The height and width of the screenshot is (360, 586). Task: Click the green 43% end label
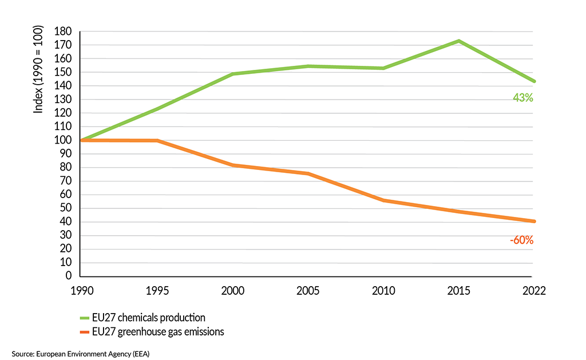522,98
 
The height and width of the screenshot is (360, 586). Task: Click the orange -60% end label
521,240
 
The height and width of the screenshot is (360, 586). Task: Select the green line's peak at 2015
458,41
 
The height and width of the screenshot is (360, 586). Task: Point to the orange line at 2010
383,200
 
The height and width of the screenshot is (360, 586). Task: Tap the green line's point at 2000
232,74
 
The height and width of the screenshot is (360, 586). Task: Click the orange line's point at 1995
157,140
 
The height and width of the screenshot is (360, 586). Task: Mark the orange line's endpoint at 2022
533,221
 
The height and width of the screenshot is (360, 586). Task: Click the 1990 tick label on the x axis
81,290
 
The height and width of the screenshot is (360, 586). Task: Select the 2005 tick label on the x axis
307,290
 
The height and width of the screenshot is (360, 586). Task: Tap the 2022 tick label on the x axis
533,290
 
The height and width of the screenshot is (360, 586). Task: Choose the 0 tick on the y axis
68,276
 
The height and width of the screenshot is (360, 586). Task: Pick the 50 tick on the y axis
65,208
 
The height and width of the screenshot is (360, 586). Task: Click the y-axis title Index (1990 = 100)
38,69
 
